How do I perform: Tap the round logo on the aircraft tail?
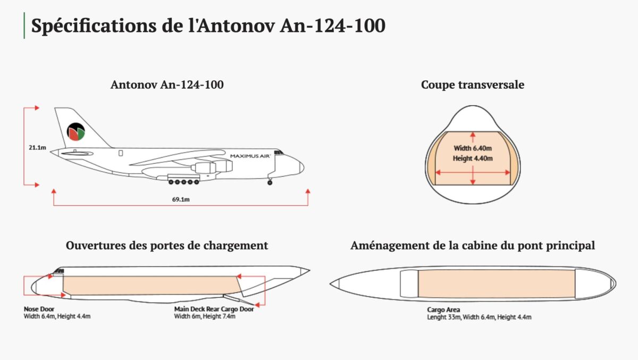76,132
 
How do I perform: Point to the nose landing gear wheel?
270,182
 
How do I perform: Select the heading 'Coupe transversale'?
472,85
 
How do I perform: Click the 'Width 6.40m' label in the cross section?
473,148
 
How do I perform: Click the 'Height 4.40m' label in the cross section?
473,158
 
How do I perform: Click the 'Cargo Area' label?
443,310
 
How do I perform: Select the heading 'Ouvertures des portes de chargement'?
167,246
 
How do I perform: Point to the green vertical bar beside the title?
24,26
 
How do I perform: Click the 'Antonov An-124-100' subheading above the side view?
167,85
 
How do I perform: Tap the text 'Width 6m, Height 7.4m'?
205,316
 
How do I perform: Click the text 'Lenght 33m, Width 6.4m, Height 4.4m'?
479,317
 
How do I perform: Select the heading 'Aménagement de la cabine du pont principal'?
472,246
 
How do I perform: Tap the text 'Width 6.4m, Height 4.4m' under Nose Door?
57,316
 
